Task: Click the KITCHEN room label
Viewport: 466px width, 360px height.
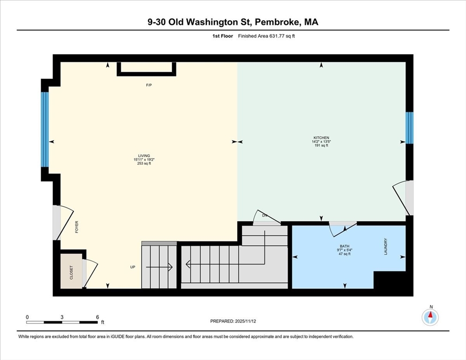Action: tap(321, 137)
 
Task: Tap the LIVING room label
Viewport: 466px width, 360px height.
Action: tap(143, 156)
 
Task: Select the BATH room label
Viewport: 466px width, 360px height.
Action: tap(345, 246)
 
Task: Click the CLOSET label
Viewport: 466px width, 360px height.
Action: tap(71, 272)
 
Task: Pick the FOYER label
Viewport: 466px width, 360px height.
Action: tap(76, 228)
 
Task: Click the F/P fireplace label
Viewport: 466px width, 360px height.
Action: tap(149, 85)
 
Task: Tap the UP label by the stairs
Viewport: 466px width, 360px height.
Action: tap(133, 267)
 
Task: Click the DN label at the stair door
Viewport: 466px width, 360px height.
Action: tap(264, 216)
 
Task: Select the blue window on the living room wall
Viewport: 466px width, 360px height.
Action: tap(45, 129)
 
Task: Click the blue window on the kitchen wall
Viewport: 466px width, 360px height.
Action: tap(409, 127)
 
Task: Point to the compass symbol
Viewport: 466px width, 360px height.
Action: tap(430, 317)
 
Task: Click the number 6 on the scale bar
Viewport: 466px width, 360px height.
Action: tap(97, 317)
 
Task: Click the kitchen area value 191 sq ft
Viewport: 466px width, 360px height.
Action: tap(321, 145)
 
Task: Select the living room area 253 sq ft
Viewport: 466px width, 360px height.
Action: tap(144, 164)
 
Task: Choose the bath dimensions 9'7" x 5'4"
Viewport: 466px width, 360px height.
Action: tap(345, 250)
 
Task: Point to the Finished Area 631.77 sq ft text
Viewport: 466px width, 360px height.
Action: tap(266, 36)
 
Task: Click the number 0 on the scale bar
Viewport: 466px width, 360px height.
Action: tap(27, 317)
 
